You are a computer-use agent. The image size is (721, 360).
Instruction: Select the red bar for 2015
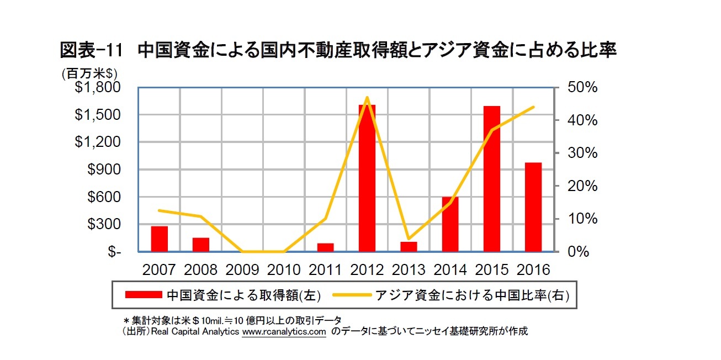[491, 178]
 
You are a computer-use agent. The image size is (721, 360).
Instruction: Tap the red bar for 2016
[533, 207]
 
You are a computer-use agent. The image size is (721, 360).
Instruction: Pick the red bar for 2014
[450, 224]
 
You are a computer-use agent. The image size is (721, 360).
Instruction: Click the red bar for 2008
[201, 245]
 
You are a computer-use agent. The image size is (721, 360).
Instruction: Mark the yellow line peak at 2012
[367, 98]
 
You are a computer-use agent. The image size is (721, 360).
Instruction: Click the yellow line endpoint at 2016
[534, 107]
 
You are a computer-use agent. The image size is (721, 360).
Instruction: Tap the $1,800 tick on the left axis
[104, 88]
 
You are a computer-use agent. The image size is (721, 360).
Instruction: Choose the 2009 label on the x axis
[242, 270]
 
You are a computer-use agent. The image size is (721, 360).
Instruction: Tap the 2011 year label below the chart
[326, 270]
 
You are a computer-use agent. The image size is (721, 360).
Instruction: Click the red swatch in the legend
[144, 295]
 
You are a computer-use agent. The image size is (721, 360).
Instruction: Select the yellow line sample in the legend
[351, 295]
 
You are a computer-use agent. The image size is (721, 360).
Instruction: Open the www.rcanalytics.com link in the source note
[284, 332]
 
